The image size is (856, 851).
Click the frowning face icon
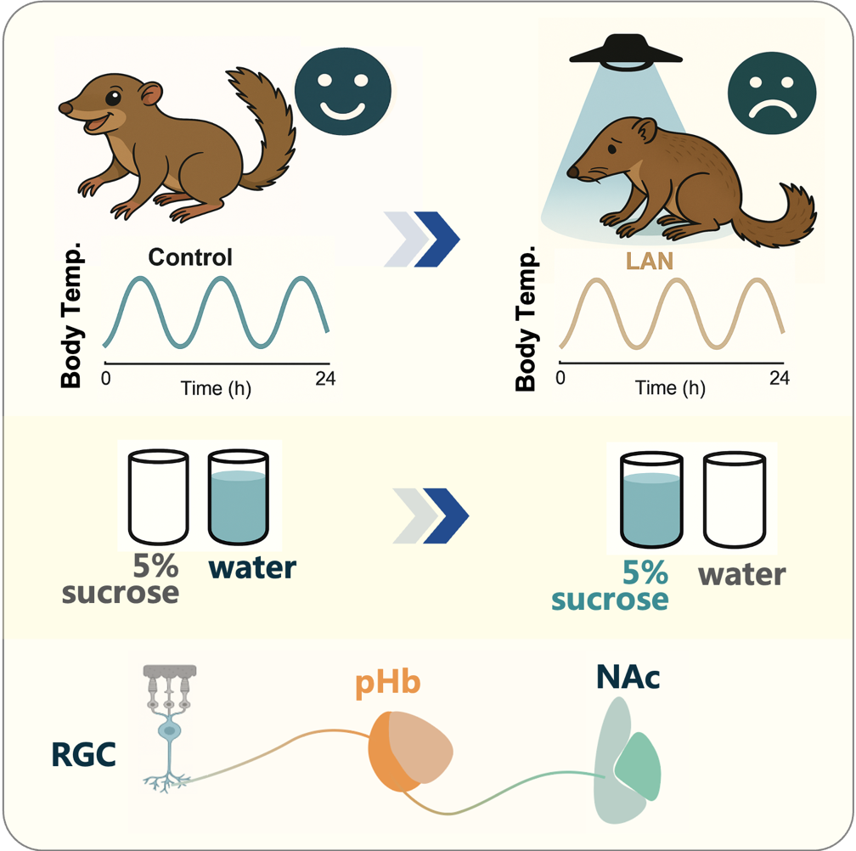tap(772, 95)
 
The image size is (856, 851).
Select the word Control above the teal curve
tap(189, 256)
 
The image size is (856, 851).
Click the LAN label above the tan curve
tap(650, 261)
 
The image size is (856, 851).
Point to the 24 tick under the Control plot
tap(325, 379)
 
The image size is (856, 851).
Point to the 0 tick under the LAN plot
tap(560, 377)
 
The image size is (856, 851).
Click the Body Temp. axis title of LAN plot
tap(527, 322)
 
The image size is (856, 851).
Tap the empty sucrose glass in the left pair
tap(158, 497)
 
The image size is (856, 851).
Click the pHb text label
tap(389, 685)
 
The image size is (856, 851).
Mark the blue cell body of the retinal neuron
tap(171, 730)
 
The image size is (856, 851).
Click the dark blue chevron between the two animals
tap(436, 239)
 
